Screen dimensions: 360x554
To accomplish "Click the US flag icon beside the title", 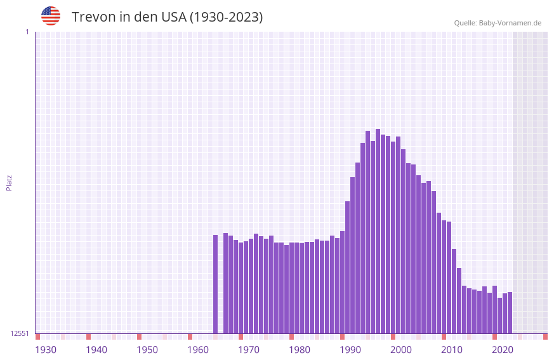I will (51, 16).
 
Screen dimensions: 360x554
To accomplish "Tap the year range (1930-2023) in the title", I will (226, 17).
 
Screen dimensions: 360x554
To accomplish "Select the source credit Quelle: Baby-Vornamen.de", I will (498, 23).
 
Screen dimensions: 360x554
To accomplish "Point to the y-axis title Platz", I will (9, 182).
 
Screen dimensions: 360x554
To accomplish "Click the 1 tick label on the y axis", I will (27, 32).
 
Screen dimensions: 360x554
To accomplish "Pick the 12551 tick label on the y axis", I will (20, 333).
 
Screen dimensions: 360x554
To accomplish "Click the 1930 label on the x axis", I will (46, 350).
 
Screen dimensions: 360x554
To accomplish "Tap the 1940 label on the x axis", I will (96, 350).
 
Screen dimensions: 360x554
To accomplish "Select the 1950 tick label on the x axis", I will (147, 350).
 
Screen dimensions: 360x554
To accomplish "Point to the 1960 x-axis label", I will (198, 350).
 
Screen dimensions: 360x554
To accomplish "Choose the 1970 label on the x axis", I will (249, 350).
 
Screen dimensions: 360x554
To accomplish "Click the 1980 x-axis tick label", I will (300, 350).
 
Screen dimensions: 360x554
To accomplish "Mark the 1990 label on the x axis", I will (350, 350).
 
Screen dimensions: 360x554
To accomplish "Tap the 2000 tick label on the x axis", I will (401, 350).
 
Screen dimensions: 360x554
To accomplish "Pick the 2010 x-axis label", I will (452, 350).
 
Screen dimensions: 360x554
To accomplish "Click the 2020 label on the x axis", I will (503, 350).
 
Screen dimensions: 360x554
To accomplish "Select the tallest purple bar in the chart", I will (378, 231).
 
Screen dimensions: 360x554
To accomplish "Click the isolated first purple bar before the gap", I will (215, 284).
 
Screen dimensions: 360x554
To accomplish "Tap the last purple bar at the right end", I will (510, 312).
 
